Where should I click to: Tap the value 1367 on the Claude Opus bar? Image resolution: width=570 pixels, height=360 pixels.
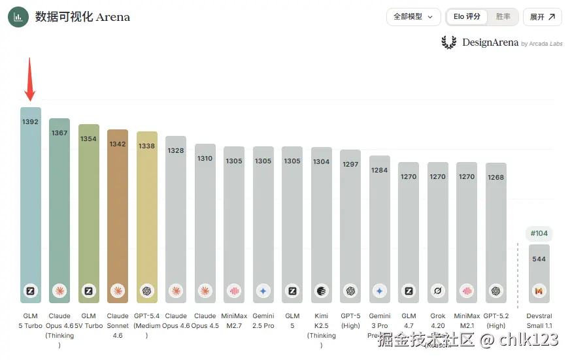pyautogui.click(x=59, y=133)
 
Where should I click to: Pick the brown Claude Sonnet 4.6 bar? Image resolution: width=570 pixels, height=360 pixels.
pyautogui.click(x=118, y=216)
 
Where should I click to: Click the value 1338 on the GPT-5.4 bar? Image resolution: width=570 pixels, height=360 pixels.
pyautogui.click(x=146, y=146)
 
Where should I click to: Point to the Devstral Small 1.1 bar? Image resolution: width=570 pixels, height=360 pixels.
pyautogui.click(x=539, y=274)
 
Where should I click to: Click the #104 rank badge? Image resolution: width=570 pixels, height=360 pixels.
pyautogui.click(x=539, y=233)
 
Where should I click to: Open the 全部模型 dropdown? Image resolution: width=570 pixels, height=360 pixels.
pyautogui.click(x=413, y=17)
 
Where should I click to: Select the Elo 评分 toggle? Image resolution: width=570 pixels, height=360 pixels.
pyautogui.click(x=467, y=17)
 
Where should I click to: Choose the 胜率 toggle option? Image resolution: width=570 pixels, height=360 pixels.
pyautogui.click(x=503, y=17)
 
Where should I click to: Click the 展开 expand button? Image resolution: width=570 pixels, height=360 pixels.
pyautogui.click(x=542, y=17)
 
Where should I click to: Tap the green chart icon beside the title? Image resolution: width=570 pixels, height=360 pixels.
pyautogui.click(x=18, y=17)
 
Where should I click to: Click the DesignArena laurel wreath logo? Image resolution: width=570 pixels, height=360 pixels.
pyautogui.click(x=449, y=42)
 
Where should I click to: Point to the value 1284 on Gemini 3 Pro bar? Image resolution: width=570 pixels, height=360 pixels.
pyautogui.click(x=379, y=171)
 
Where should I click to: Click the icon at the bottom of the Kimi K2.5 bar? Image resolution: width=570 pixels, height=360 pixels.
pyautogui.click(x=321, y=291)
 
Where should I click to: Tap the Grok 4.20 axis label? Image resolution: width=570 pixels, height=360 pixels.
pyautogui.click(x=437, y=321)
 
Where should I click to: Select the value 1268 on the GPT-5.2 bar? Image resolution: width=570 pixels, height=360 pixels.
pyautogui.click(x=495, y=177)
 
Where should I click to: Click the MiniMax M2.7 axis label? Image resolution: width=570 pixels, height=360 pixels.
pyautogui.click(x=234, y=321)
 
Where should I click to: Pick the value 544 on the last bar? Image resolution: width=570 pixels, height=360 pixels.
pyautogui.click(x=539, y=259)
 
